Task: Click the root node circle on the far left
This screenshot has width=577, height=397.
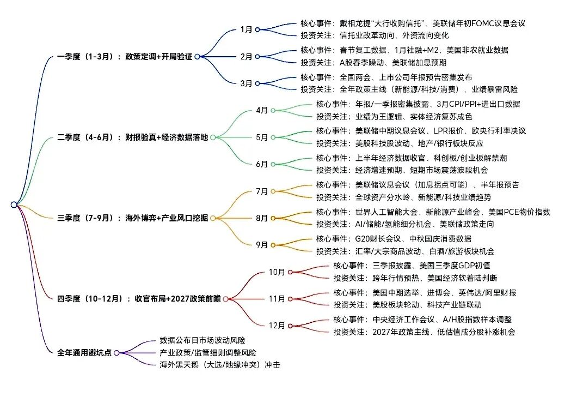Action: [x=14, y=204]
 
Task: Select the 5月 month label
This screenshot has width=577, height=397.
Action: [x=262, y=137]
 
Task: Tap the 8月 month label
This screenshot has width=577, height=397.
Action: [x=262, y=218]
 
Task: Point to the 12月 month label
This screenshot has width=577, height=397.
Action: [x=277, y=326]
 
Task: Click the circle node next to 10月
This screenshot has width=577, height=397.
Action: [x=290, y=272]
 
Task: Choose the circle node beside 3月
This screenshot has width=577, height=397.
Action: [x=257, y=83]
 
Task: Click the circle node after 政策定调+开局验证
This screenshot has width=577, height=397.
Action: [x=197, y=56]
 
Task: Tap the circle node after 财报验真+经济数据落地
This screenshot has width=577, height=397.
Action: [x=212, y=137]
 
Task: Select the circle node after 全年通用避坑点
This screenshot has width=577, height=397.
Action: [x=116, y=353]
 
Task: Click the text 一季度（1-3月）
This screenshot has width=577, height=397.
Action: [x=88, y=56]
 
